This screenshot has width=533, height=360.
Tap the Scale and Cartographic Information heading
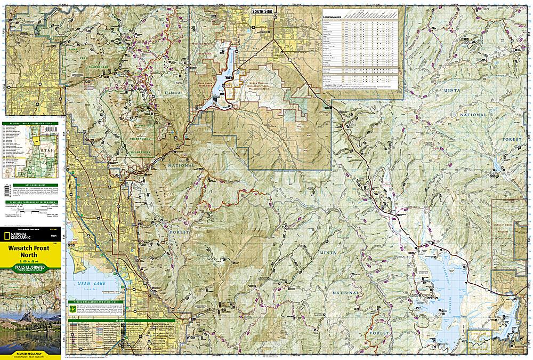coord(31,202)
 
